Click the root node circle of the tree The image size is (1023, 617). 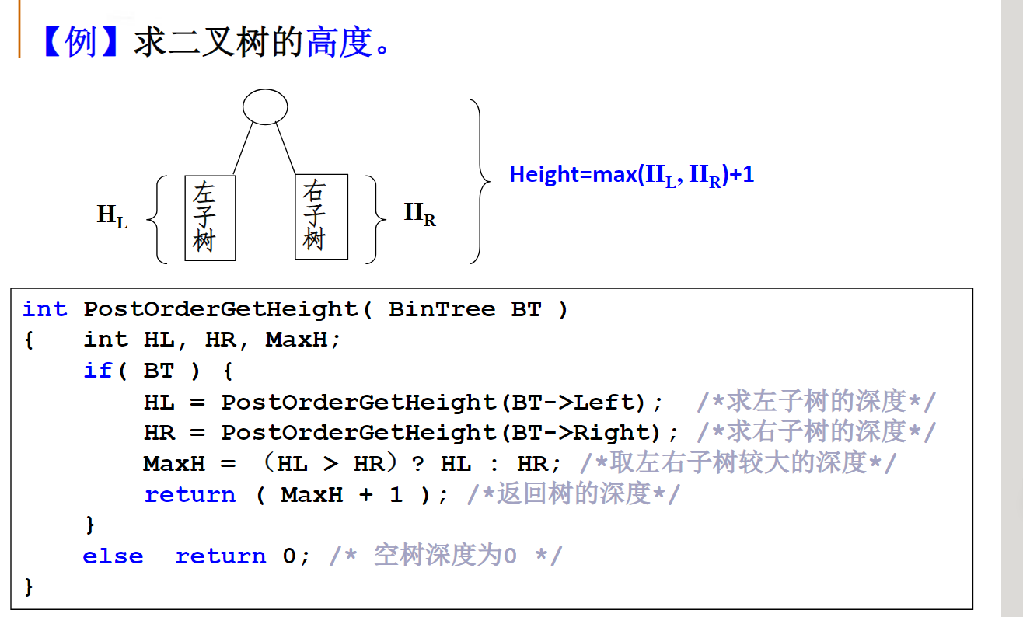pos(265,107)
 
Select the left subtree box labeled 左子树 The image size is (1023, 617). pos(210,218)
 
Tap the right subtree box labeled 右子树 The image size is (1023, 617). pos(321,216)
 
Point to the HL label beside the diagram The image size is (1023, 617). pos(111,216)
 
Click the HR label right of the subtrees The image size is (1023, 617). pos(420,214)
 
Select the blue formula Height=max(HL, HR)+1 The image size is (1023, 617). pos(631,175)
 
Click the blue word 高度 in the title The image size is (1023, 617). pos(340,42)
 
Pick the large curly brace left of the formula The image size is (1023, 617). pos(480,181)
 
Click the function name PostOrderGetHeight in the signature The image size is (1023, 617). pos(221,309)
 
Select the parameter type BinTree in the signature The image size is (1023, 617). pos(442,309)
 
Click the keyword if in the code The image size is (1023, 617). pos(98,371)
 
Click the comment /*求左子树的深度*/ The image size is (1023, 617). pos(816,402)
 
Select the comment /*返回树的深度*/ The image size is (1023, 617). pos(573,494)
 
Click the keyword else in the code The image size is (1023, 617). pos(113,556)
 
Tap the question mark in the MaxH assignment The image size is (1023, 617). pos(418,464)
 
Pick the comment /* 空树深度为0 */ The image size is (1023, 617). pos(445,556)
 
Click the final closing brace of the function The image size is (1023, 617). pos(30,586)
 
